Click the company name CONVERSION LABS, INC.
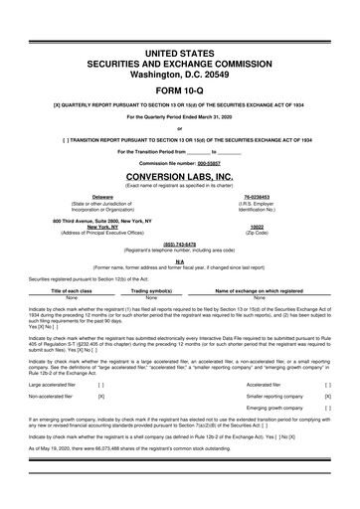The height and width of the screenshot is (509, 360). pyautogui.click(x=180, y=175)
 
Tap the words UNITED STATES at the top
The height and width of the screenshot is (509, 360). pyautogui.click(x=180, y=52)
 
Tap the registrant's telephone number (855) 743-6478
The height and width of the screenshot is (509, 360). pyautogui.click(x=180, y=245)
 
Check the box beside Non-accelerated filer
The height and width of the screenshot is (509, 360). pyautogui.click(x=102, y=396)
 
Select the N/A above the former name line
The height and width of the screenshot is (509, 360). pyautogui.click(x=180, y=260)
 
